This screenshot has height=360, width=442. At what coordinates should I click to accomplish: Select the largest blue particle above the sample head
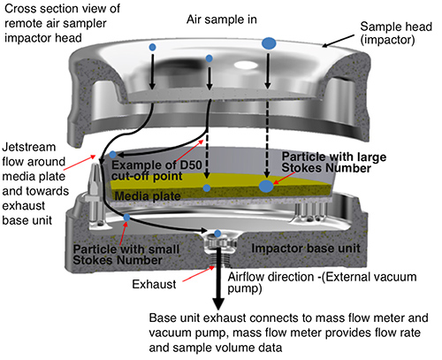click(x=267, y=42)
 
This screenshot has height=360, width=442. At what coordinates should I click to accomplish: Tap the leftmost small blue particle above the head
click(x=154, y=46)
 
